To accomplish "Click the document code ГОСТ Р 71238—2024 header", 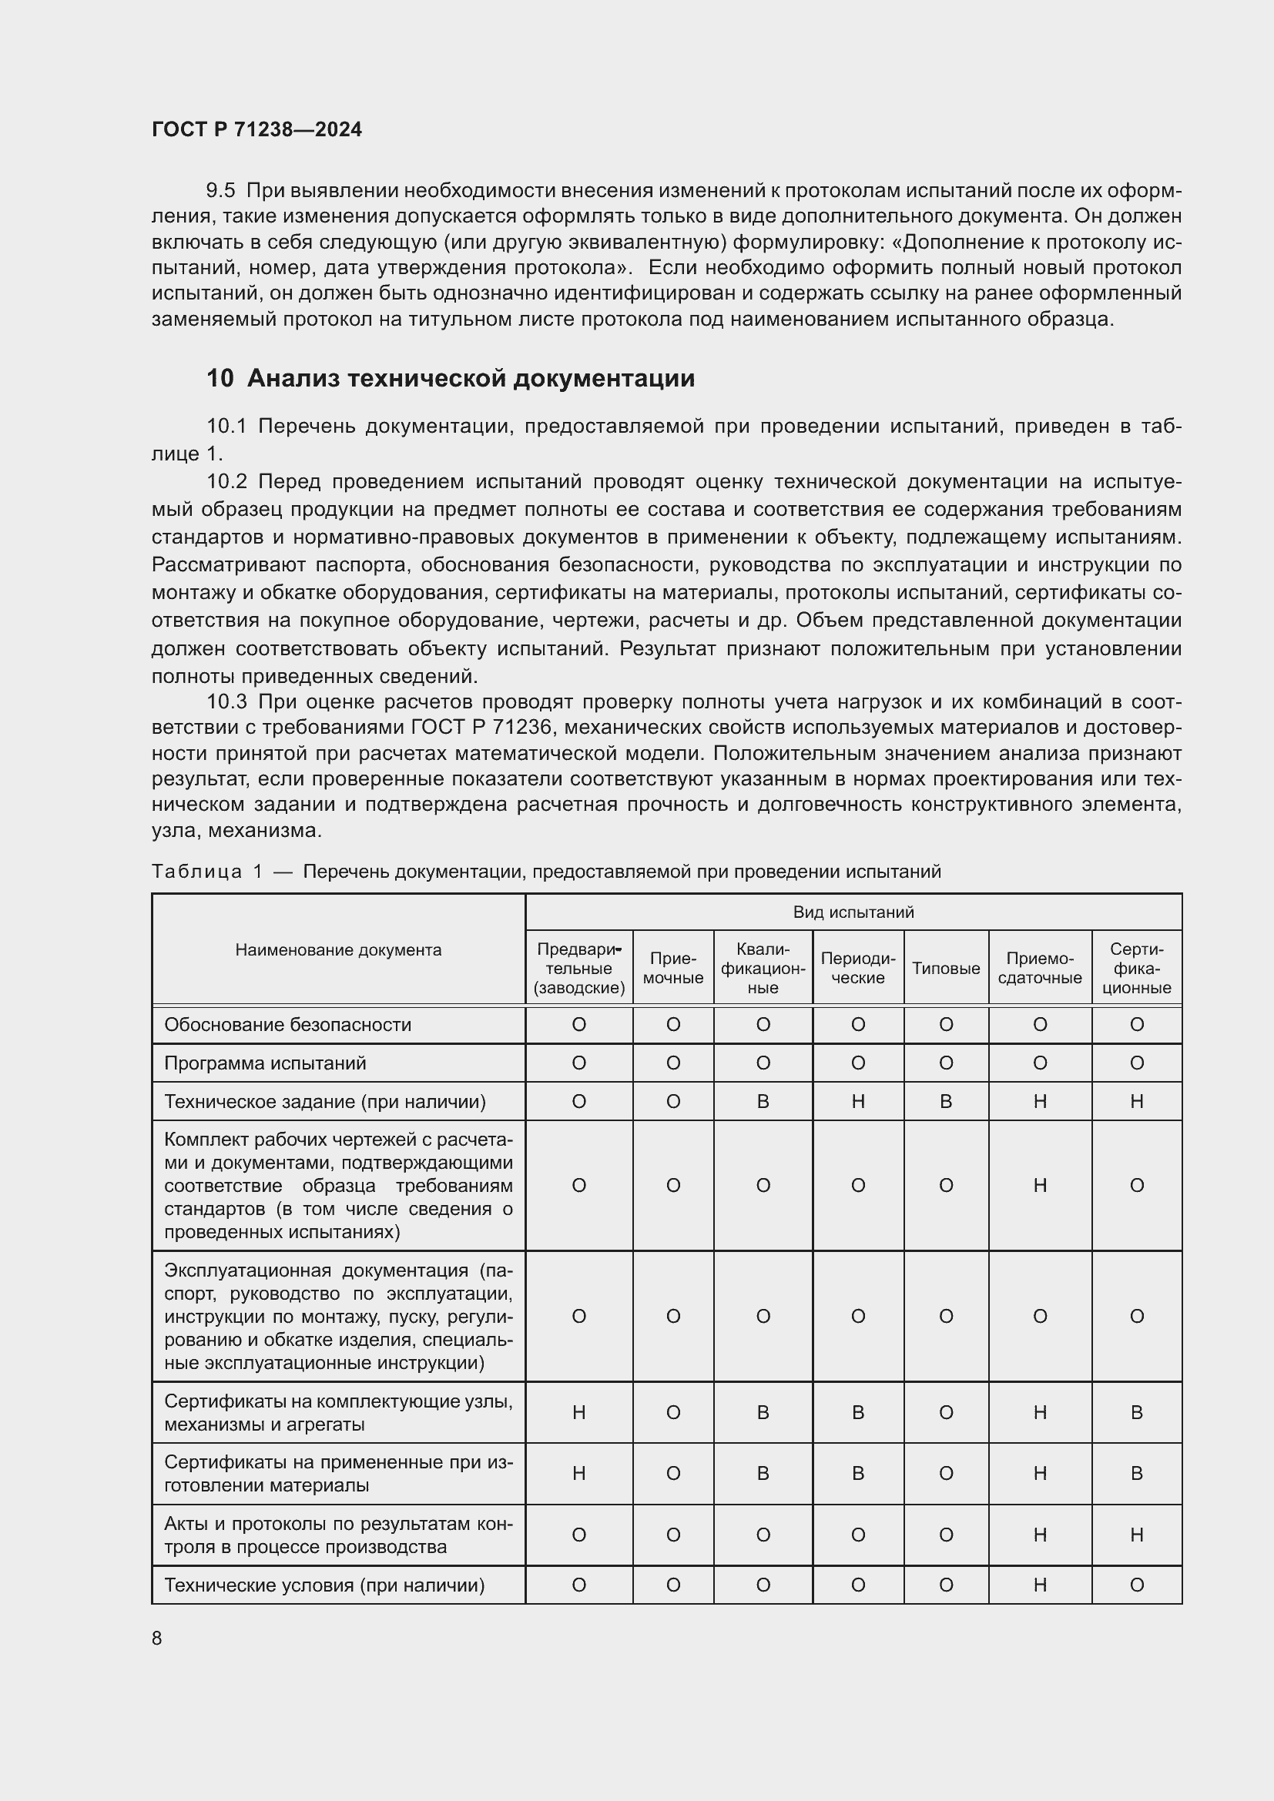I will coord(256,129).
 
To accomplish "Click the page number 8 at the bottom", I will coord(157,1638).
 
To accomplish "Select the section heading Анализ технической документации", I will coord(470,378).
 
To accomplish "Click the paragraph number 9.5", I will coord(220,191).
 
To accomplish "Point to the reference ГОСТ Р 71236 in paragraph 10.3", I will coord(482,728).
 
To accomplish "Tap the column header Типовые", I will coord(945,968).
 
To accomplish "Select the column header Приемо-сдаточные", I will coord(1039,968).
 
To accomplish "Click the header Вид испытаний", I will coord(853,912).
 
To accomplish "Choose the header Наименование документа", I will coord(338,950).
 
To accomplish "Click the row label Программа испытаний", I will coord(265,1063).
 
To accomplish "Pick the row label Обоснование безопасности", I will coord(287,1024).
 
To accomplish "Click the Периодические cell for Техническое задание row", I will coord(857,1101).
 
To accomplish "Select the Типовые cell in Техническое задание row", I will coord(945,1101).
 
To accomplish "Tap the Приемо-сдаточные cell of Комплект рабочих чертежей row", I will coord(1039,1185).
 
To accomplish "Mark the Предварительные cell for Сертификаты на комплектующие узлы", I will coord(579,1413).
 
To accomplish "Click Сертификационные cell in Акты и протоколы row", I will coord(1136,1535).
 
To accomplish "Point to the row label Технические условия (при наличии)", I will coord(324,1585).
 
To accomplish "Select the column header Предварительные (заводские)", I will coord(579,968).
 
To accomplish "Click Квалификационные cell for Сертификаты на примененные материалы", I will coord(763,1473).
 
